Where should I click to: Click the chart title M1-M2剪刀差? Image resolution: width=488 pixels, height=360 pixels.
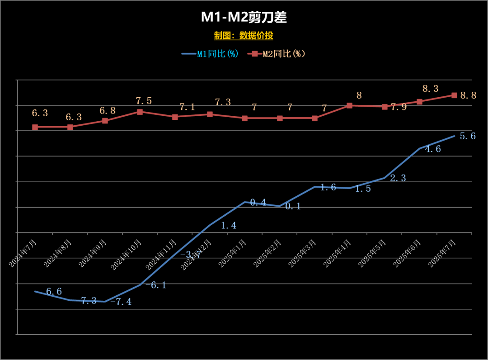coord(244,18)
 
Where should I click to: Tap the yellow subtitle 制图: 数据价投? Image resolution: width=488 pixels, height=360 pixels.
coord(244,36)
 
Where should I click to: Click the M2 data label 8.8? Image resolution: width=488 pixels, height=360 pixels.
coord(468,95)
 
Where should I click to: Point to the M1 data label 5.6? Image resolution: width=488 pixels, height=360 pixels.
coord(467,136)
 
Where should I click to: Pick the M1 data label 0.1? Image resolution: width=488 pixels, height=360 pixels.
coord(293,207)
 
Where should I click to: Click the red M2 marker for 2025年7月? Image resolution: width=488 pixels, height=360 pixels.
coord(455,95)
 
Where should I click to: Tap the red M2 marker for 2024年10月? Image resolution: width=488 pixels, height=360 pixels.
coord(140,112)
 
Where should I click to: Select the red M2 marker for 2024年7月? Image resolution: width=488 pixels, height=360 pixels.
coord(35,127)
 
